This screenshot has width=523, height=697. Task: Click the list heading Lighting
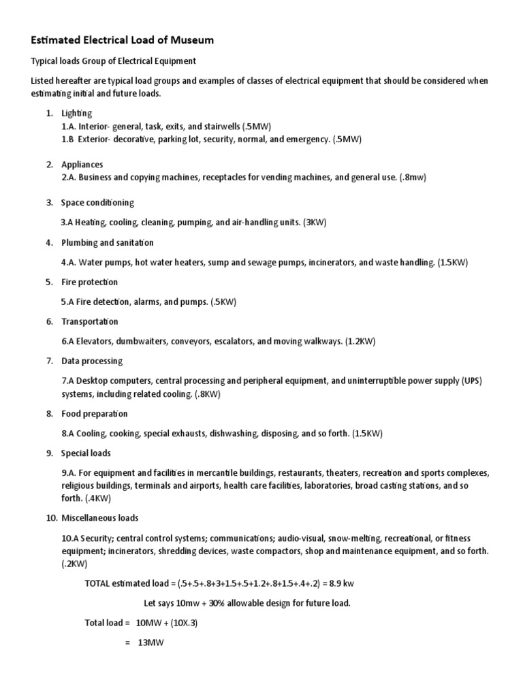tap(76, 113)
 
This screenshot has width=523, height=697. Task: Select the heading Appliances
tap(82, 165)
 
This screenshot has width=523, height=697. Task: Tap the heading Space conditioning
tap(97, 203)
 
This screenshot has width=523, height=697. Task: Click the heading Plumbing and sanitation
tap(107, 242)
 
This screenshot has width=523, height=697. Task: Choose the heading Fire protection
tap(89, 282)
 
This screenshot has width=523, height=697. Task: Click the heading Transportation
tap(89, 321)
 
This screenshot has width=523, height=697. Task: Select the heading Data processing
tap(92, 361)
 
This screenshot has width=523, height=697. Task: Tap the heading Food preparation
tap(94, 414)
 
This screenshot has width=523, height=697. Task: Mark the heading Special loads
tap(86, 453)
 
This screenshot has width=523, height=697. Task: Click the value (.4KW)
tap(97, 498)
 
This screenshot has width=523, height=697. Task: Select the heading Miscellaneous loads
tap(99, 519)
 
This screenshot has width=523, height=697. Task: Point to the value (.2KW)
tap(74, 564)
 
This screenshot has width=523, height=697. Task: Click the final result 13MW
tap(150, 643)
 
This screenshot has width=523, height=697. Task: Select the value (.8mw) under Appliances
tap(413, 178)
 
